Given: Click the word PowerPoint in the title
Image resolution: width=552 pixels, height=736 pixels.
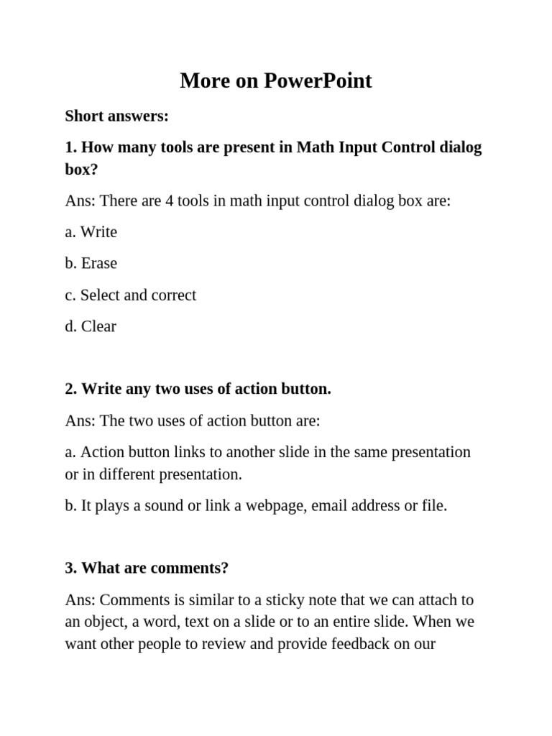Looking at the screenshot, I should point(318,80).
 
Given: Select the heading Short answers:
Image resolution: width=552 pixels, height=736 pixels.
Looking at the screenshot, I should point(116,116).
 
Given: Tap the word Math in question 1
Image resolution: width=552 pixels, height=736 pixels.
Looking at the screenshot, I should point(316,147).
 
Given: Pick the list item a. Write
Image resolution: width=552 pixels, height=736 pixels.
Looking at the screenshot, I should point(91,232).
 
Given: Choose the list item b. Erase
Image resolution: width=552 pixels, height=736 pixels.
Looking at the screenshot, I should point(91,263).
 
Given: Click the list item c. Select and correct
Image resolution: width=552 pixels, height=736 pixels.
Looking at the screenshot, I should point(130,295).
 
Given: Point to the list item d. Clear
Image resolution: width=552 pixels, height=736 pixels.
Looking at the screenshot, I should point(90,326).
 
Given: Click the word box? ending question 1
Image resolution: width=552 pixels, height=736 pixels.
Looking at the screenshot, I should point(81,170).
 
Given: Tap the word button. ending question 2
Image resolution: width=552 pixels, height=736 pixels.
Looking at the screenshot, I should point(304,389).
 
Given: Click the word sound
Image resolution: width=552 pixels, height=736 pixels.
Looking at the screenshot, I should point(163,505).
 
